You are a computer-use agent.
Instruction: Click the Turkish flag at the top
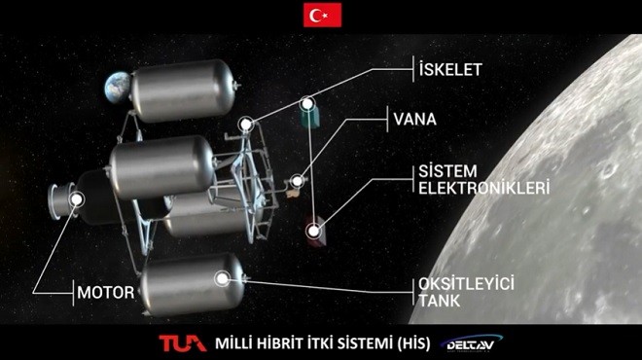(322, 15)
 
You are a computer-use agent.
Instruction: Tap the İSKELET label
(450, 69)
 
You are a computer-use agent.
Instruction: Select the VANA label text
(414, 119)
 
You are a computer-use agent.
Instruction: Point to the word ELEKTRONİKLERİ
(483, 188)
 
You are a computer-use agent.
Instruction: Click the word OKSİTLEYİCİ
(466, 284)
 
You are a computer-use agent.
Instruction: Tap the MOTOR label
(106, 293)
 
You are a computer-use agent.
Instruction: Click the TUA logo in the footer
(183, 342)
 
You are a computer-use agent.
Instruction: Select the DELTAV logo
(471, 343)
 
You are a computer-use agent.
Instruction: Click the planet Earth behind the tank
(117, 87)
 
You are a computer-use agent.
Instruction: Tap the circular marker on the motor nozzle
(77, 199)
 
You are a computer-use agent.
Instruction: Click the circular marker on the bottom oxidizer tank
(223, 279)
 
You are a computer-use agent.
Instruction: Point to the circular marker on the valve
(298, 181)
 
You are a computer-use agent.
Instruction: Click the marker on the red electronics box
(313, 231)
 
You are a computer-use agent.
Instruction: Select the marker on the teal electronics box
(307, 104)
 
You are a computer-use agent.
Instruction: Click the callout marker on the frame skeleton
(246, 125)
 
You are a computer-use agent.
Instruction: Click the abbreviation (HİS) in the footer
(413, 343)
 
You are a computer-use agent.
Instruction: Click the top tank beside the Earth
(183, 90)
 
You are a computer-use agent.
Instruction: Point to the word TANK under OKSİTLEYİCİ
(440, 301)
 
